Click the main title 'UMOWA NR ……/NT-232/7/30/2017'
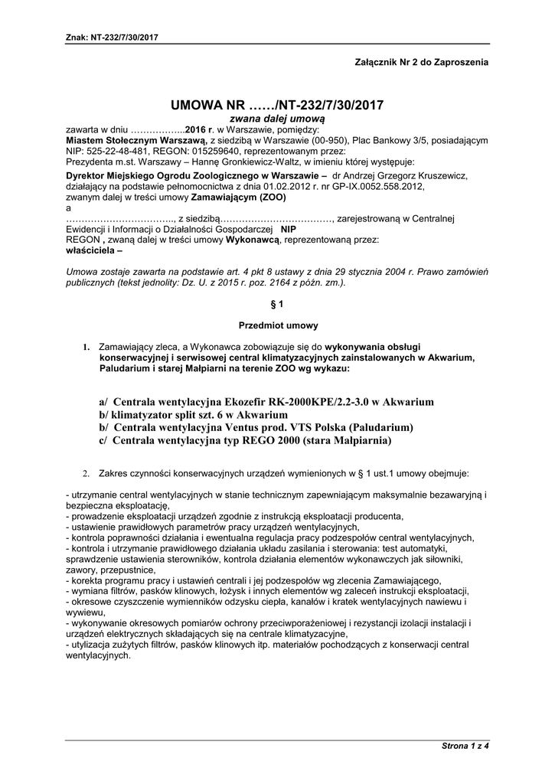coord(277,105)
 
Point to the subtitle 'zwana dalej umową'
coord(278,119)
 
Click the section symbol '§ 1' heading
coord(277,304)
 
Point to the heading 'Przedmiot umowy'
coord(277,325)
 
